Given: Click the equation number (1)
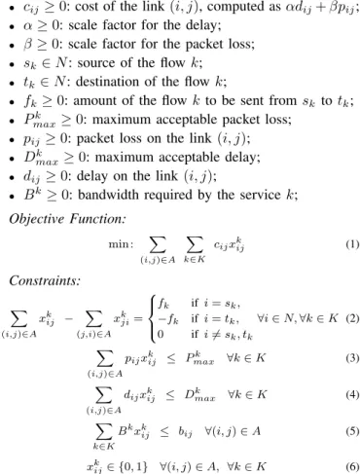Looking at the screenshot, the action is pyautogui.click(x=352, y=244).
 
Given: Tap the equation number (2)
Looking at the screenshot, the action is pyautogui.click(x=352, y=318).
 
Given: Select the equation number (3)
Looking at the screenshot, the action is pyautogui.click(x=352, y=358).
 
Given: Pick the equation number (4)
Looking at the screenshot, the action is pyautogui.click(x=352, y=395).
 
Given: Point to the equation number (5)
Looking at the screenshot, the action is pyautogui.click(x=352, y=431).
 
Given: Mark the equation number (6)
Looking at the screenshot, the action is pyautogui.click(x=352, y=467).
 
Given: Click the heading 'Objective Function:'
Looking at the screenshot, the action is pyautogui.click(x=67, y=219).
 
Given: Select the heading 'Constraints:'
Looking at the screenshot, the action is pyautogui.click(x=45, y=280).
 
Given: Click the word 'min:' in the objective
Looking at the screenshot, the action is pyautogui.click(x=121, y=244).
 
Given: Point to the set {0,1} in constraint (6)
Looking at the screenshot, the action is pyautogui.click(x=133, y=467).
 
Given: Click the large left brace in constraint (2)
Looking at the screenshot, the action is pyautogui.click(x=152, y=318).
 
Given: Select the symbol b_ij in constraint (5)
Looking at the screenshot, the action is pyautogui.click(x=185, y=432).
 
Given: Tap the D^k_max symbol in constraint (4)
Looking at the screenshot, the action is pyautogui.click(x=199, y=395).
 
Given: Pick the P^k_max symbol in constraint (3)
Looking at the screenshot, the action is pyautogui.click(x=199, y=359).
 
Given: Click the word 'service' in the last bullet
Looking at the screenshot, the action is pyautogui.click(x=261, y=195).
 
